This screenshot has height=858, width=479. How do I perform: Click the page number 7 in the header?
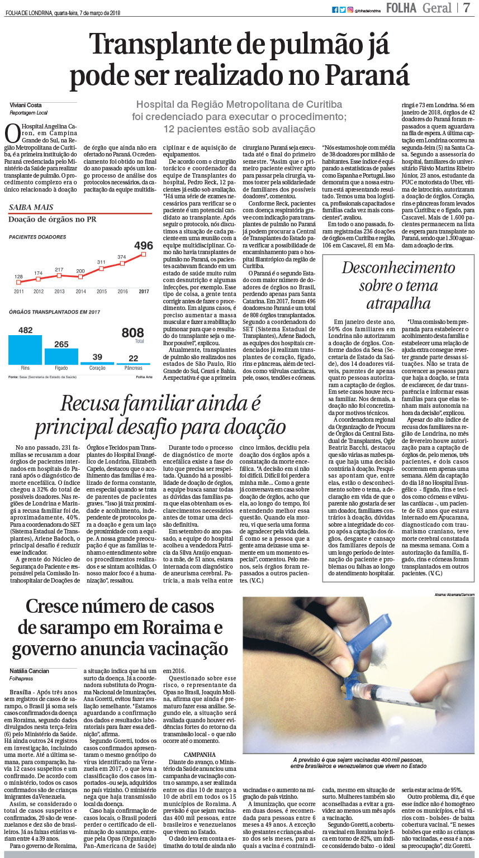[x=467, y=8]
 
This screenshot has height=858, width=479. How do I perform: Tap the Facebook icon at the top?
[x=335, y=9]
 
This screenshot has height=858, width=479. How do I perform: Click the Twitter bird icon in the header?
[x=343, y=9]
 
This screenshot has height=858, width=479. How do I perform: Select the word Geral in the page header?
[x=438, y=8]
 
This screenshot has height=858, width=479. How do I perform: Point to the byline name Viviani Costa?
[x=26, y=105]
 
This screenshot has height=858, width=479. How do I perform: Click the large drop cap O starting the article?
[x=12, y=134]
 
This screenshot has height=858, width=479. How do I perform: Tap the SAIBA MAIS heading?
[x=31, y=207]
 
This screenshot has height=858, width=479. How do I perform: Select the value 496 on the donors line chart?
[x=144, y=245]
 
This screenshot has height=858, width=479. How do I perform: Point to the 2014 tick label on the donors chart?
[x=81, y=292]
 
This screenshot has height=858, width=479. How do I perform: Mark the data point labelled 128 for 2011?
[x=19, y=282]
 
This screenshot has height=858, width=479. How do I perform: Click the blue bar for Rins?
[x=25, y=350]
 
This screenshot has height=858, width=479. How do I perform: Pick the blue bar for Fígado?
[x=61, y=356]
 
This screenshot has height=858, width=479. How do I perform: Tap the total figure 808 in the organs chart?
[x=133, y=333]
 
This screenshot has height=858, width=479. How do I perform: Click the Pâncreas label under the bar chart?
[x=134, y=368]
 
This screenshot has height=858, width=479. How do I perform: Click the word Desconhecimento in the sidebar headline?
[x=399, y=268]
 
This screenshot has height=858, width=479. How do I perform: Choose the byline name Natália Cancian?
[x=30, y=671]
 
